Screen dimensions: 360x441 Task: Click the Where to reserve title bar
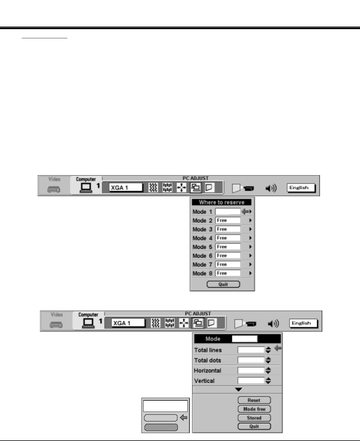click(x=222, y=202)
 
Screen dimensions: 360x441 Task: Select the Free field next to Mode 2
click(x=228, y=220)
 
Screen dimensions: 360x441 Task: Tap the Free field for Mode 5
click(x=228, y=247)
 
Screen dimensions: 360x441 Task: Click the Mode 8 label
click(x=202, y=273)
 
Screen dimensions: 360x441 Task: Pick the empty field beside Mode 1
click(x=228, y=212)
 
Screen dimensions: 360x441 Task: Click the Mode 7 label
click(x=202, y=264)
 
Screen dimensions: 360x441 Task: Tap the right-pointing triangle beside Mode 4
click(x=250, y=238)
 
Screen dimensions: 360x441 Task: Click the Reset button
click(x=254, y=400)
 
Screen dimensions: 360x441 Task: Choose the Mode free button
click(x=254, y=409)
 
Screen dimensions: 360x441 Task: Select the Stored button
click(x=254, y=418)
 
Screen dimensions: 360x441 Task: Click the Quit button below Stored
click(x=254, y=426)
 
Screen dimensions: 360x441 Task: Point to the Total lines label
click(x=208, y=350)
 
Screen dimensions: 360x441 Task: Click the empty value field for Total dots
click(x=251, y=360)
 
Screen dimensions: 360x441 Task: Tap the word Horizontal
click(x=207, y=370)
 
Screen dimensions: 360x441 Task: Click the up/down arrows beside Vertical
click(x=268, y=381)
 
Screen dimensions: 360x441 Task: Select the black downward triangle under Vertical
click(x=239, y=389)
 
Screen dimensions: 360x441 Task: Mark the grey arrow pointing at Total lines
click(x=278, y=349)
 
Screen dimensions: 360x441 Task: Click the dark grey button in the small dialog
click(x=161, y=427)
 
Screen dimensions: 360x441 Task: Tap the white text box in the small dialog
click(x=165, y=406)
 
